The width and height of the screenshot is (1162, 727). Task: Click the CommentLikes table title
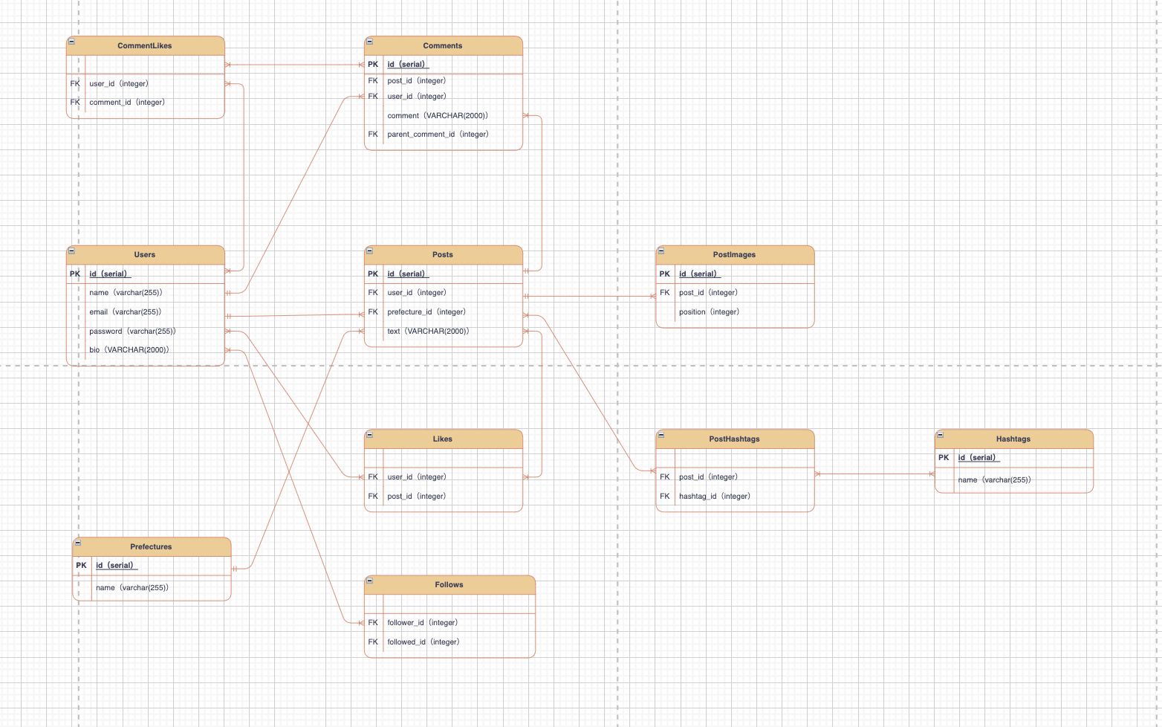145,46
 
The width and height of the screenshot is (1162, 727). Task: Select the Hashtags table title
1013,439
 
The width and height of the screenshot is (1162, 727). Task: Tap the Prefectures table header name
151,547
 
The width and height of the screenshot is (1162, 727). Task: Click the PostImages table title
734,255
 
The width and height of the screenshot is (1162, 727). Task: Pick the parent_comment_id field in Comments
438,135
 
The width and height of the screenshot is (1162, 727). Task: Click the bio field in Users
129,350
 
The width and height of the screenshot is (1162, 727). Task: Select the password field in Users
132,332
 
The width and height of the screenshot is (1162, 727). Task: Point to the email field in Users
125,312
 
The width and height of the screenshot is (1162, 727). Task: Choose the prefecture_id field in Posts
426,312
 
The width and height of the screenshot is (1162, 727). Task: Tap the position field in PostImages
709,312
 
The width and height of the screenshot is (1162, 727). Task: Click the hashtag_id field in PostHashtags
714,497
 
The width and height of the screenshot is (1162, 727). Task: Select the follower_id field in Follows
422,623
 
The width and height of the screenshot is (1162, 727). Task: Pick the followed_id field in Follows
423,642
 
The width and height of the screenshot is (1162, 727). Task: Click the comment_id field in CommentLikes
127,103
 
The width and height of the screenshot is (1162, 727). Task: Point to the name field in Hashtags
994,480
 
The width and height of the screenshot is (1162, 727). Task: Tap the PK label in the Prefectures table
81,566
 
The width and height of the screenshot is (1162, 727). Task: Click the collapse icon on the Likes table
370,435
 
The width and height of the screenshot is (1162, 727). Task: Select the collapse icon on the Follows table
370,581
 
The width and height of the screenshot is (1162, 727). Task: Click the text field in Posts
428,332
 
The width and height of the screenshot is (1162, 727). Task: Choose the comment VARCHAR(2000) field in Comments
438,116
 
